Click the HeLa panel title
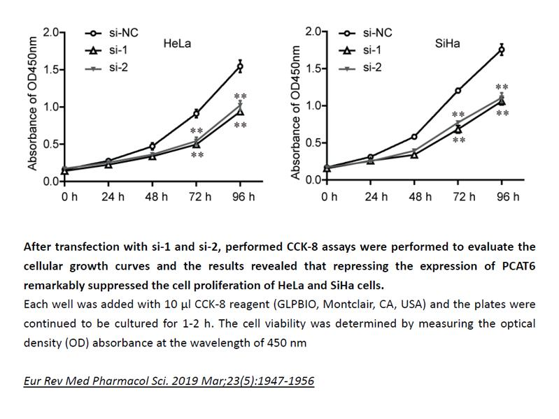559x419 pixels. tap(177, 43)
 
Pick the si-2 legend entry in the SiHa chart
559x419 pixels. tap(371, 67)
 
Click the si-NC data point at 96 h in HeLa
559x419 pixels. tap(240, 66)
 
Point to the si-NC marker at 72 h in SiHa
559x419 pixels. tap(458, 90)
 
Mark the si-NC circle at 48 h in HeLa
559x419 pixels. tap(153, 146)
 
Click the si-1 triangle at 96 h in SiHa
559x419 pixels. tap(501, 101)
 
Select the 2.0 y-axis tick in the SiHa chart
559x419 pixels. tap(313, 32)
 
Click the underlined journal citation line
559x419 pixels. tap(168, 381)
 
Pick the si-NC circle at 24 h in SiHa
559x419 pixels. tap(371, 157)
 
